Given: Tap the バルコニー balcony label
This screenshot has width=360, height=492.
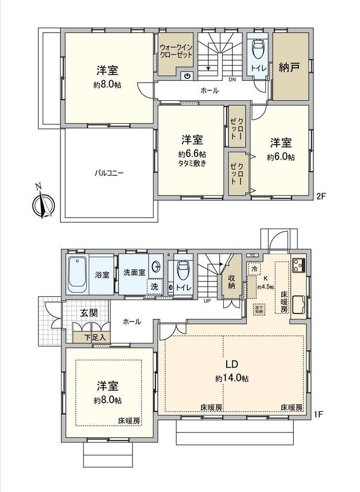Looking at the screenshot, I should point(108,173).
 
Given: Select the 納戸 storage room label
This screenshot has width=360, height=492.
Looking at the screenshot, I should point(289,68).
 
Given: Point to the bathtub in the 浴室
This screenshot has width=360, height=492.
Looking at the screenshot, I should point(77,275).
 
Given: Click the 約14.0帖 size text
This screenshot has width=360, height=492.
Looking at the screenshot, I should point(232,378).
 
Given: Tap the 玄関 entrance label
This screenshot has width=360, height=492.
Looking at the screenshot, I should point(89,313).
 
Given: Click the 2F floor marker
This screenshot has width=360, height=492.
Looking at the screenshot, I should point(321,196).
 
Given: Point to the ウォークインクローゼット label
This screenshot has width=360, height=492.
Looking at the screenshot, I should point(176,51).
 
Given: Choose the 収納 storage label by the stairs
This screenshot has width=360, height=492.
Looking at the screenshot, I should point(231,282).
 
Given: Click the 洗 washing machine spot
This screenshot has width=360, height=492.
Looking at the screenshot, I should point(155,286).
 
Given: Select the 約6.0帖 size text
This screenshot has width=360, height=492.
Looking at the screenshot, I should point(281,157).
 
